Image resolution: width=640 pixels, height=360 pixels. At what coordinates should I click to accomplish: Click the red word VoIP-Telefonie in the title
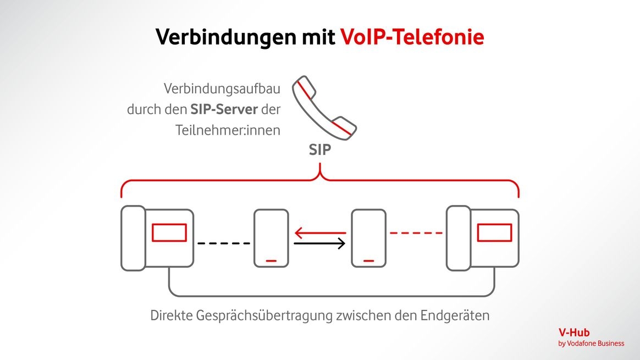(x=412, y=37)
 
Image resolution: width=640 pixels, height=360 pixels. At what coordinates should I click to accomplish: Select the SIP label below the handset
(x=320, y=149)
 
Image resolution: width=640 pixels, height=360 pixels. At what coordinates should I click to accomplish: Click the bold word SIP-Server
(x=224, y=109)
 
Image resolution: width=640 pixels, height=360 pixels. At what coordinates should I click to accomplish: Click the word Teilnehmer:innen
(x=228, y=130)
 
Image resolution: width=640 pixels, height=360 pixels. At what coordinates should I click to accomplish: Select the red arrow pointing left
(x=319, y=232)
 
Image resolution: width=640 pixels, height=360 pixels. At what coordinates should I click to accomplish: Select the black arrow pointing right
(x=319, y=242)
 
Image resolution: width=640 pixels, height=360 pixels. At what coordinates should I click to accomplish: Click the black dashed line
(x=223, y=243)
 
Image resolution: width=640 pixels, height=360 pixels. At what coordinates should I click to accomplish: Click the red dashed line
(x=416, y=233)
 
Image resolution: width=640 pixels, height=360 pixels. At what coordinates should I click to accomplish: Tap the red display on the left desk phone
(x=169, y=232)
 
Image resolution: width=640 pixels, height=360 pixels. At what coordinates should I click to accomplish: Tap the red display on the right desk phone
(x=494, y=232)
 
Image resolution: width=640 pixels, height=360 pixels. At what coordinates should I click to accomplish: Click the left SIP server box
(x=271, y=238)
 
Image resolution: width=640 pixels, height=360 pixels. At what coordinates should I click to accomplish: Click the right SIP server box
(x=368, y=238)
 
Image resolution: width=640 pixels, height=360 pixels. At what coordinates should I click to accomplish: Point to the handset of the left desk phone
(x=133, y=238)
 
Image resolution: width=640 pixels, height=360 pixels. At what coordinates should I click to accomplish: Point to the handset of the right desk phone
(x=458, y=238)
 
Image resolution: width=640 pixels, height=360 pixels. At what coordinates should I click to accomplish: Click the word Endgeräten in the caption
(x=455, y=317)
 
